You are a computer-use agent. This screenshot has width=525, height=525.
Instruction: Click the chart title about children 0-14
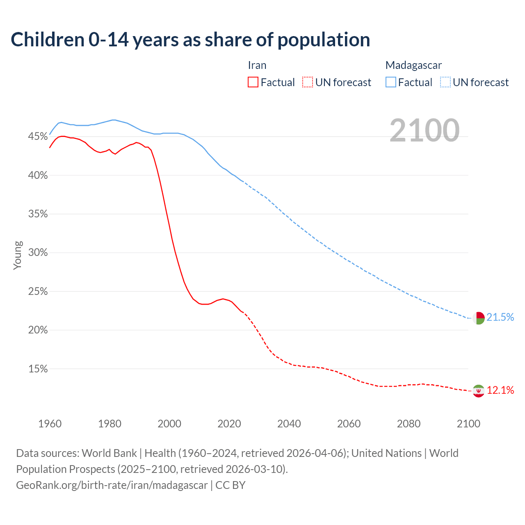tap(190, 40)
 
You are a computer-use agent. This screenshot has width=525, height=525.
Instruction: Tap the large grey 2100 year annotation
tap(425, 130)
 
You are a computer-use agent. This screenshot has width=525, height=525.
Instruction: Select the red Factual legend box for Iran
tap(253, 82)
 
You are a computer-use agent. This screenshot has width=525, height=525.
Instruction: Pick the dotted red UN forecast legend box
tap(308, 82)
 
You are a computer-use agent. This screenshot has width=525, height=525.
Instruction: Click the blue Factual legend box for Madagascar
tap(391, 82)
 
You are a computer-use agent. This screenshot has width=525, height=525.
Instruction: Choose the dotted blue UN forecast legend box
tap(445, 82)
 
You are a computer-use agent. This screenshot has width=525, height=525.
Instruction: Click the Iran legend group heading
tap(257, 65)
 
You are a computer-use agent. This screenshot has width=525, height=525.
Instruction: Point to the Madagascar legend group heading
tap(413, 65)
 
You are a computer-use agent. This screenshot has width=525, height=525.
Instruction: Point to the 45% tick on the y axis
tap(38, 137)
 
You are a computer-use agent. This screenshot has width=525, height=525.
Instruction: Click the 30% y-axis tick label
tap(38, 253)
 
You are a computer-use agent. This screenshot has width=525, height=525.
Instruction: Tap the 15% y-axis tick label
tap(38, 369)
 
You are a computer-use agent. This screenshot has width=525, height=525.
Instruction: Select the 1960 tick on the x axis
tap(50, 424)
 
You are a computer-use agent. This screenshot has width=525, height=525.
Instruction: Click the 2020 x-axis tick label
tap(229, 424)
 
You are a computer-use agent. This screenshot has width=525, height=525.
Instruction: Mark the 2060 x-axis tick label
tap(349, 424)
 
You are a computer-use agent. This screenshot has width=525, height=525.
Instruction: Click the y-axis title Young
tap(18, 255)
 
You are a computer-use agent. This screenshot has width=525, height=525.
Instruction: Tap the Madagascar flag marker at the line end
tap(479, 318)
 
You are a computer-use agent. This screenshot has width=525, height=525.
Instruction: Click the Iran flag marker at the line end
tap(479, 391)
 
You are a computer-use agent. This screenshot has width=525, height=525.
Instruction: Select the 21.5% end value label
tap(500, 317)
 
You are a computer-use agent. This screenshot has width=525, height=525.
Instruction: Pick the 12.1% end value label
tap(500, 390)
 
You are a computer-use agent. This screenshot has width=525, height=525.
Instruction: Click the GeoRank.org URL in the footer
tap(112, 485)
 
